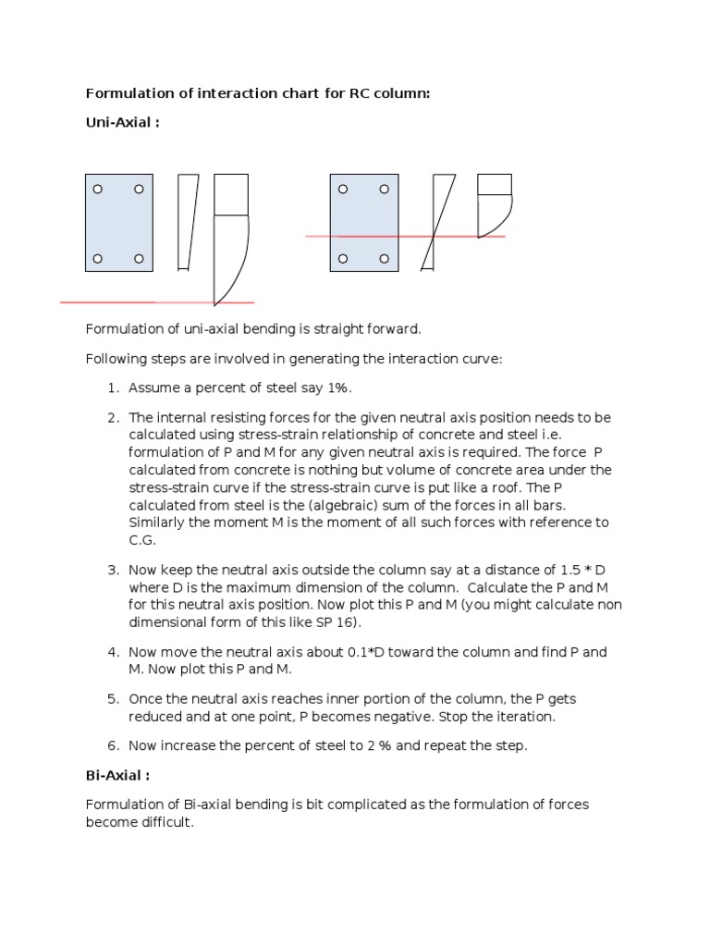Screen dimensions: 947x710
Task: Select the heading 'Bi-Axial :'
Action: pyautogui.click(x=119, y=776)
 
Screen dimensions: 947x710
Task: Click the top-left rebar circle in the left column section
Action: pyautogui.click(x=98, y=190)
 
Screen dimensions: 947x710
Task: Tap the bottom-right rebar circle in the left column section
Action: pyautogui.click(x=139, y=258)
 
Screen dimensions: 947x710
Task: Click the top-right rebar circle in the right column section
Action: pyautogui.click(x=385, y=190)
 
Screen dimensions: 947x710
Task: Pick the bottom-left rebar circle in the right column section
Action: pyautogui.click(x=343, y=258)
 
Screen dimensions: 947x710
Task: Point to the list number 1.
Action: pyautogui.click(x=114, y=387)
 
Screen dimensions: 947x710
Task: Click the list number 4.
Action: pyautogui.click(x=114, y=652)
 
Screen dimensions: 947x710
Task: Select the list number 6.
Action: pyautogui.click(x=114, y=745)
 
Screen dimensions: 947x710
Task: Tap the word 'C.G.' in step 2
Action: pyautogui.click(x=142, y=540)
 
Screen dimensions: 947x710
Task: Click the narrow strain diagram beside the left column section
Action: pyautogui.click(x=188, y=222)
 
